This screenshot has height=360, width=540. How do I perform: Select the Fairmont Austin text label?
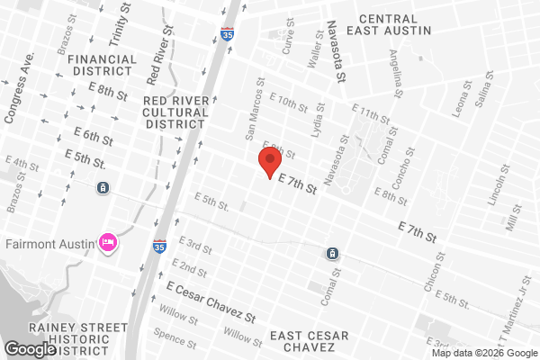click(50, 242)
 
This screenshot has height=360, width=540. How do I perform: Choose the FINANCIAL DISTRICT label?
click(102, 66)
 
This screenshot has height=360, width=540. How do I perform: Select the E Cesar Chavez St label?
click(211, 301)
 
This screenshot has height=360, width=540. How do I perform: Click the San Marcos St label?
click(256, 115)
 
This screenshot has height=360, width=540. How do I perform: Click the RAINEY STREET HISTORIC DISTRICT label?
click(65, 337)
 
